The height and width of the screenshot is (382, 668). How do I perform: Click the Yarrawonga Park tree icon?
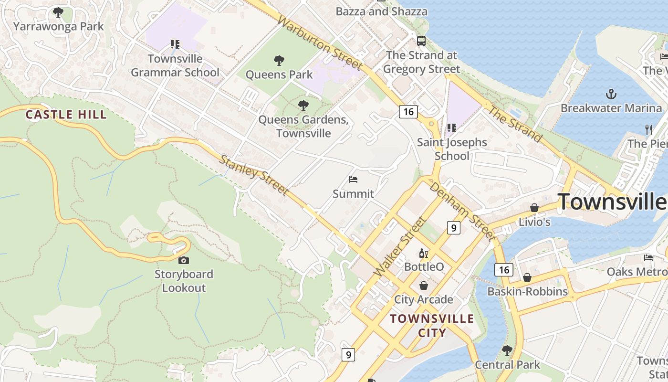(x=58, y=12)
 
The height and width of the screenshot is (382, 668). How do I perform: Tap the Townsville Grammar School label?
(x=175, y=66)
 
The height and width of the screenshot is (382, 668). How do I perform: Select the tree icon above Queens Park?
(x=279, y=61)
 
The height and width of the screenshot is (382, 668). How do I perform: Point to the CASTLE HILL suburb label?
(x=66, y=115)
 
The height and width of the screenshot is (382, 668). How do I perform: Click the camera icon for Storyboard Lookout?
(x=183, y=260)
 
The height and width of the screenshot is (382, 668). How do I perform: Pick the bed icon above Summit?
(x=353, y=180)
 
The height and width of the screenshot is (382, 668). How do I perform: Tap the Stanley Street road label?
(x=254, y=175)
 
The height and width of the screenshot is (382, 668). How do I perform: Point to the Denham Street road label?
(x=462, y=211)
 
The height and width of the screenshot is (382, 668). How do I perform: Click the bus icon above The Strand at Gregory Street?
(x=421, y=41)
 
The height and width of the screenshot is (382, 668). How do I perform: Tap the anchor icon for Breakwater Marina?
(x=611, y=94)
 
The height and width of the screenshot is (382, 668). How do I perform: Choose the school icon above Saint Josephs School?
(x=451, y=128)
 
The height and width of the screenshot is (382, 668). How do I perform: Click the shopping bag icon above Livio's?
(x=534, y=208)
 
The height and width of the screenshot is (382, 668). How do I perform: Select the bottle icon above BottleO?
(x=424, y=253)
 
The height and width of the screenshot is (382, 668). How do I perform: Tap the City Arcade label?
(x=424, y=299)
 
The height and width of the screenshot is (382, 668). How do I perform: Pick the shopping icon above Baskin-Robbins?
(x=527, y=277)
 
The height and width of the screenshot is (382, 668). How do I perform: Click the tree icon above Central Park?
(x=507, y=351)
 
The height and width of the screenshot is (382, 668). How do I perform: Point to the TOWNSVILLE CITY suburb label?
(x=432, y=326)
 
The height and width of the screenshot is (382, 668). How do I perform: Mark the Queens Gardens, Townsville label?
(x=303, y=127)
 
